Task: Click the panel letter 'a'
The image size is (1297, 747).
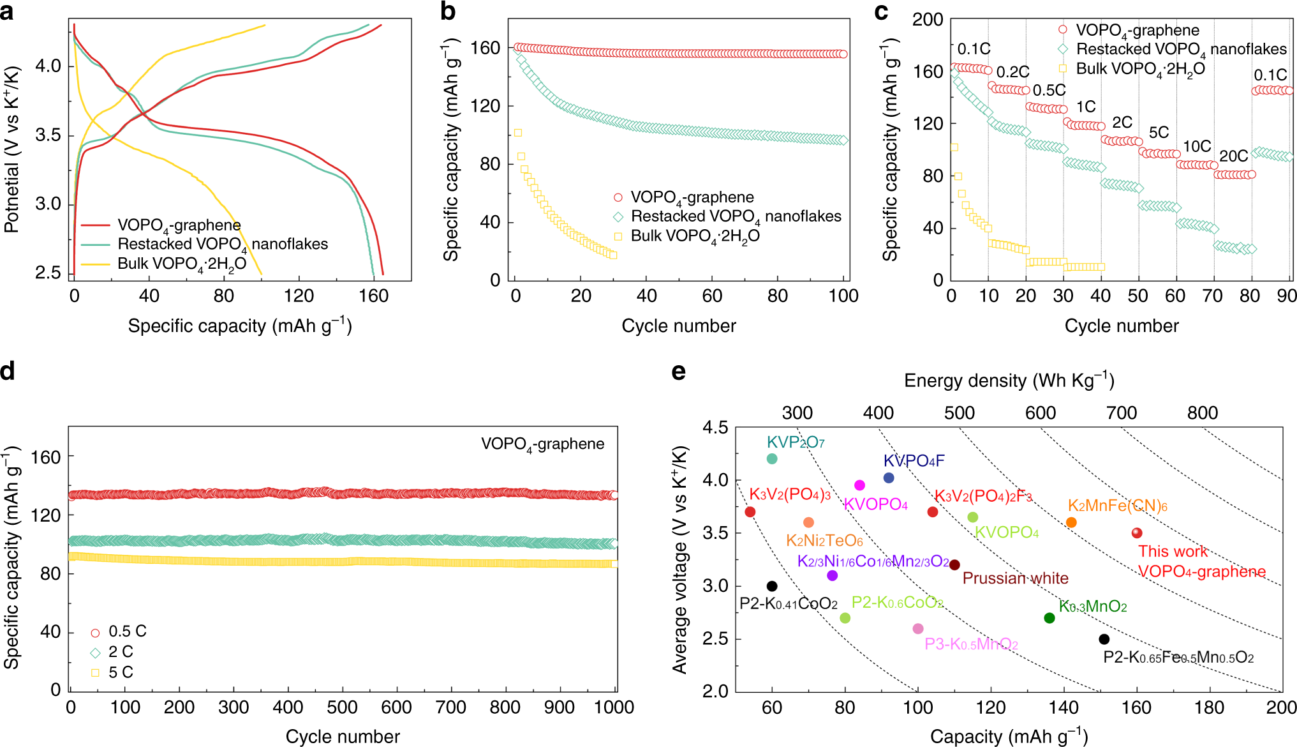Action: click(7, 12)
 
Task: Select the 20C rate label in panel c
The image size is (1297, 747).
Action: click(1233, 156)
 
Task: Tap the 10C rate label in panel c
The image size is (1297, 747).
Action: click(1197, 147)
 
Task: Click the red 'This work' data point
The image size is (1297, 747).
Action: click(1136, 533)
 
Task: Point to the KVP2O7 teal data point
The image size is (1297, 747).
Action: click(772, 458)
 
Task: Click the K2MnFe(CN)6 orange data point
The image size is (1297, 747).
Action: click(1071, 522)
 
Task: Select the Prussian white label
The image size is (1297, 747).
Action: click(1015, 578)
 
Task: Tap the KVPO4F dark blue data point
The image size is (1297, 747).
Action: click(889, 478)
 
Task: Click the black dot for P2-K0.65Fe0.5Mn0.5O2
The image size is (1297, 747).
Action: click(1104, 639)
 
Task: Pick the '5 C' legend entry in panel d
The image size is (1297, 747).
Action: click(120, 672)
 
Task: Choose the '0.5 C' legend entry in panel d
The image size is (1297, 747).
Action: click(127, 631)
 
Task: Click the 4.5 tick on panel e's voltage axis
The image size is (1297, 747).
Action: click(715, 427)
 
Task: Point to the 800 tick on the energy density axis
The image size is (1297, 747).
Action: click(1203, 413)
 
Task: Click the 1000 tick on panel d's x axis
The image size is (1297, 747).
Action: click(614, 707)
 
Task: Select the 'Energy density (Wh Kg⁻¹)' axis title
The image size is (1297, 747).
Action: click(1009, 381)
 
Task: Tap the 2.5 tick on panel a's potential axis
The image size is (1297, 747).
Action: click(48, 273)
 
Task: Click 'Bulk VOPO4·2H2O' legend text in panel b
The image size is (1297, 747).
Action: click(695, 236)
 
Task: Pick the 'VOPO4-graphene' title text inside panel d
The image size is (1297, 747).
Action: click(542, 444)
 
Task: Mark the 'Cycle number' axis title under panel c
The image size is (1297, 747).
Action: click(1122, 326)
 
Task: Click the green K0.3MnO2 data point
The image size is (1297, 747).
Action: click(1049, 618)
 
